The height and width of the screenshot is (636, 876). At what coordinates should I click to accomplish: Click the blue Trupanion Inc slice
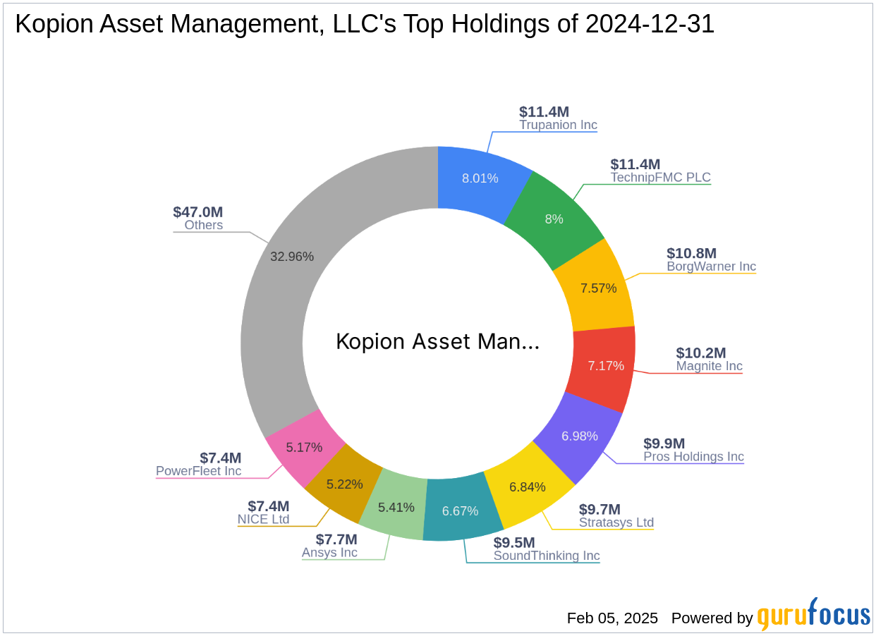(x=480, y=180)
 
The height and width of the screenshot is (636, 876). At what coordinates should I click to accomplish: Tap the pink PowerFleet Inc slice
(x=304, y=447)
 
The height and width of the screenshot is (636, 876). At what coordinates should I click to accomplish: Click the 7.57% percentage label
(x=599, y=288)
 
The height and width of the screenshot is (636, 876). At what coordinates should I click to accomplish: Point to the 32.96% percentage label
(x=292, y=257)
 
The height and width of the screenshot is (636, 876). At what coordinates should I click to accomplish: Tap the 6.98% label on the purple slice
(x=580, y=436)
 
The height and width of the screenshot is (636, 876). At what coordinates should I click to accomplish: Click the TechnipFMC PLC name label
(x=660, y=177)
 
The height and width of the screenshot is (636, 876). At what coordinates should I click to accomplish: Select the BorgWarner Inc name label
(x=711, y=267)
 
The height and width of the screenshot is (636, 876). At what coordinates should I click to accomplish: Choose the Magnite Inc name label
(x=709, y=366)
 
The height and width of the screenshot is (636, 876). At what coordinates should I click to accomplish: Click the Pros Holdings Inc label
(x=693, y=456)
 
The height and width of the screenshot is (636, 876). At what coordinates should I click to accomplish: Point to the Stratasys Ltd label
(x=616, y=522)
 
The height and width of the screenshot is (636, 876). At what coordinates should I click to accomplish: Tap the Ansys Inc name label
(x=329, y=552)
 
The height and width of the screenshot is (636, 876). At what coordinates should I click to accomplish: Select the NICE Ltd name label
(x=263, y=520)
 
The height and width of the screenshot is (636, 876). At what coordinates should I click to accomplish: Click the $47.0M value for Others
(x=197, y=212)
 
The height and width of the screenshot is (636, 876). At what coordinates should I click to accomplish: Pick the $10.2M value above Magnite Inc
(x=700, y=353)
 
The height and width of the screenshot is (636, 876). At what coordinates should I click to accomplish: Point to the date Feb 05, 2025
(x=612, y=618)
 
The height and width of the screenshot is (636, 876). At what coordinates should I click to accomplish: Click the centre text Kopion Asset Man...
(x=437, y=342)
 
